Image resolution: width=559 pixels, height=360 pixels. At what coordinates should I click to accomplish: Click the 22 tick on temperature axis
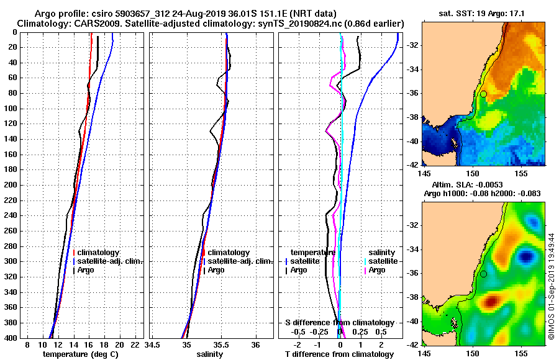point(135,344)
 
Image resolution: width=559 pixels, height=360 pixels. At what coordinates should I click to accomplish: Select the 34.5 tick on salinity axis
point(152,344)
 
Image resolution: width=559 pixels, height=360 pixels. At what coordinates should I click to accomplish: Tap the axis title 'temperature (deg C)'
point(80,354)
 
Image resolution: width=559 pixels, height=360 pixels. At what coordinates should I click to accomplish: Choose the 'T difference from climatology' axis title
point(340,354)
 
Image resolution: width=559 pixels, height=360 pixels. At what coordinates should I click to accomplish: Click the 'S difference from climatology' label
point(340,323)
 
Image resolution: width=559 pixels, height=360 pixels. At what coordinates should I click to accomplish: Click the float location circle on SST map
point(483,94)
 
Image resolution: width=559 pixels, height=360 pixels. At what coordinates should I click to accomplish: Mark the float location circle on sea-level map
point(483,274)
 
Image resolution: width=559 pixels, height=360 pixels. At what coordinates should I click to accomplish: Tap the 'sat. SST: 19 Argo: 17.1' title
point(483,13)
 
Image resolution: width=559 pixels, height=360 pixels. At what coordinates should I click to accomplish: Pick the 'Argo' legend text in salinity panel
point(216,270)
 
